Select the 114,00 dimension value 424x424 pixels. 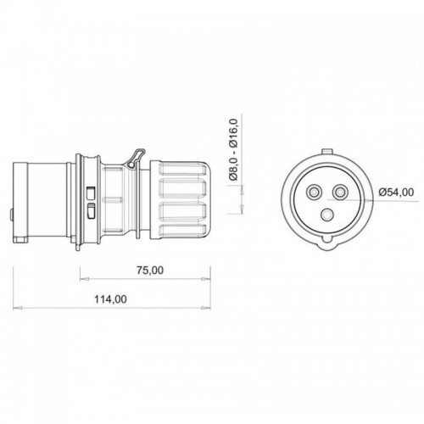(x=110, y=298)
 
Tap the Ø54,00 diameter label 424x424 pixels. (x=396, y=192)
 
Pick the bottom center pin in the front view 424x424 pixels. (x=331, y=212)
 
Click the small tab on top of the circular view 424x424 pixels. (x=331, y=153)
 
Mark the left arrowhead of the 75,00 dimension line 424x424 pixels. (x=83, y=280)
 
